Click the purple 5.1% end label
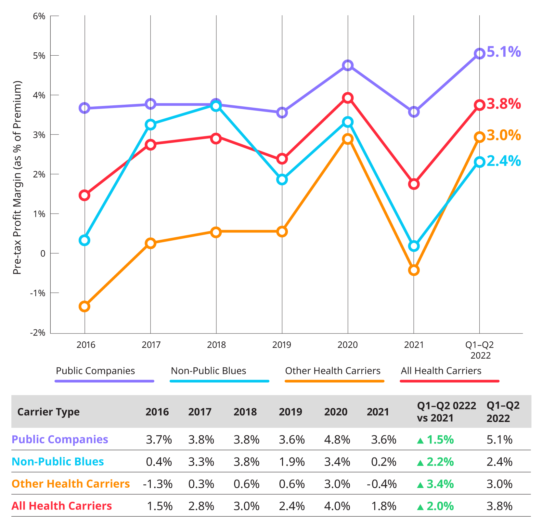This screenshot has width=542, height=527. tap(504, 52)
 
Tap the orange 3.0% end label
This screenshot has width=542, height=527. tap(504, 135)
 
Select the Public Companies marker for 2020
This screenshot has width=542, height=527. tap(348, 65)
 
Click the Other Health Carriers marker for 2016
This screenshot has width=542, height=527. tap(84, 307)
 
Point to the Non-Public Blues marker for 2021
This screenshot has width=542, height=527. tap(414, 246)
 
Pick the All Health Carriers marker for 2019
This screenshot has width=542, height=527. tap(282, 159)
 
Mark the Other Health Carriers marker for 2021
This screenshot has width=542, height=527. tap(414, 270)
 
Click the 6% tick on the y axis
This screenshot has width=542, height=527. tap(39, 16)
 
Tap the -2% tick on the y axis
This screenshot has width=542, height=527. tap(38, 333)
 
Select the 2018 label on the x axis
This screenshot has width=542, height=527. tap(216, 345)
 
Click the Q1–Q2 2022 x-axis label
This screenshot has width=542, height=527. tap(480, 350)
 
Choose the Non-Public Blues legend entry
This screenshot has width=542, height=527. tap(209, 371)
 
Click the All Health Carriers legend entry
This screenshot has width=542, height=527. tap(441, 371)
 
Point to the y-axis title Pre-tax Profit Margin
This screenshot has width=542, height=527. tap(17, 177)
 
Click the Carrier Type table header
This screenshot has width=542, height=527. tap(48, 412)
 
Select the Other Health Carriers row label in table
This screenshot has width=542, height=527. tap(71, 484)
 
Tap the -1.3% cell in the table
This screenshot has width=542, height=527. tap(158, 484)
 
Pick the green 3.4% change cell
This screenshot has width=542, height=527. tap(436, 484)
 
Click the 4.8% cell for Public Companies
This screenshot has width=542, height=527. tap(337, 440)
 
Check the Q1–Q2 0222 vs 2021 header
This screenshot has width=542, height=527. tap(446, 412)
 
